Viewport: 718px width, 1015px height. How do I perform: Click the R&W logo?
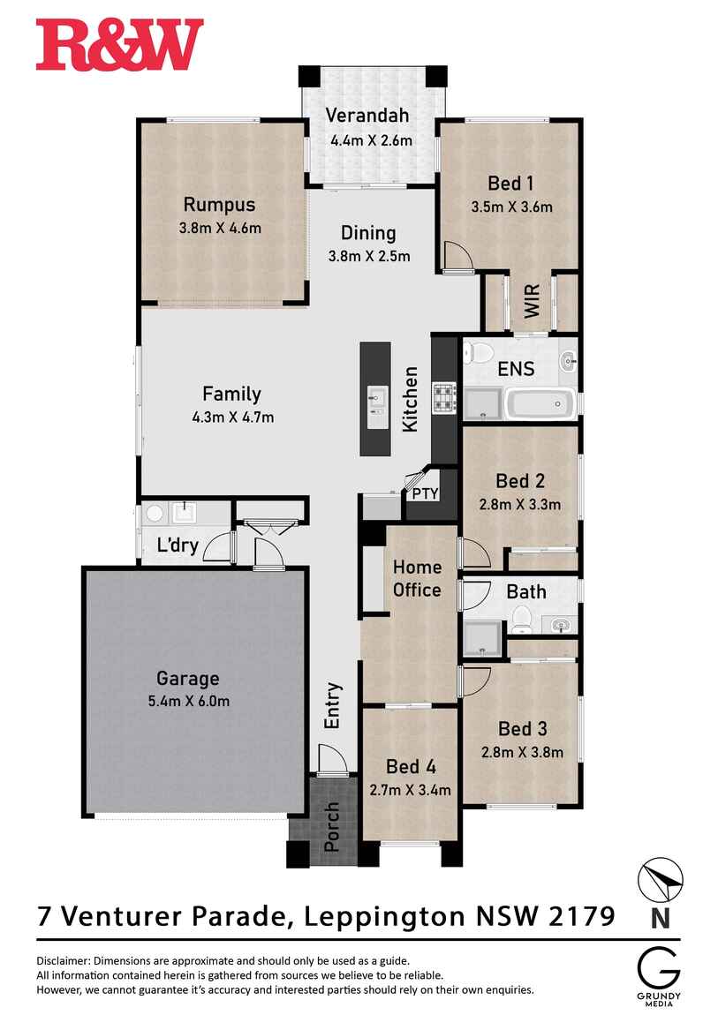(x=120, y=44)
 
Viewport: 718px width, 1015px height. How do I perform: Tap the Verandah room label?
(x=367, y=116)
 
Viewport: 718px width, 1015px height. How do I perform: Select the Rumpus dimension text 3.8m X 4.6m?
(x=220, y=228)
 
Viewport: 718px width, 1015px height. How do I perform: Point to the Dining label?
(x=368, y=233)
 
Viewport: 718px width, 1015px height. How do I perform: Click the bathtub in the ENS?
(x=540, y=403)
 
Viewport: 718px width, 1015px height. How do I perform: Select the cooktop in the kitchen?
(x=445, y=398)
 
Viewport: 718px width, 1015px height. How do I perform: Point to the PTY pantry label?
(x=426, y=493)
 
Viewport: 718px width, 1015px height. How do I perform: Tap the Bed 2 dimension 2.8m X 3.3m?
(x=520, y=504)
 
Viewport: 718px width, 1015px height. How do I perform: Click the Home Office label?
(x=417, y=578)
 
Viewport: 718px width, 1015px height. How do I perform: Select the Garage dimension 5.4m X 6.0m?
(x=188, y=701)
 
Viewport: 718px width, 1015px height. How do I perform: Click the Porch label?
(x=331, y=827)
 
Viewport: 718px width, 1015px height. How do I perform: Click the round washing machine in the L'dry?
(x=154, y=514)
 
